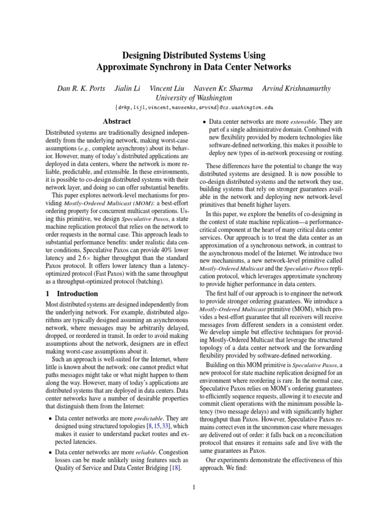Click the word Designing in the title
[x=145, y=55]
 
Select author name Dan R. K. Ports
[x=81, y=88]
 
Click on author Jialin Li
[x=128, y=88]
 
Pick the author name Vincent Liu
[x=169, y=88]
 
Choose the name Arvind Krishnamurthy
[x=297, y=88]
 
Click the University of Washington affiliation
[x=194, y=97]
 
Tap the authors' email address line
[x=194, y=107]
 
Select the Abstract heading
[x=117, y=121]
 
